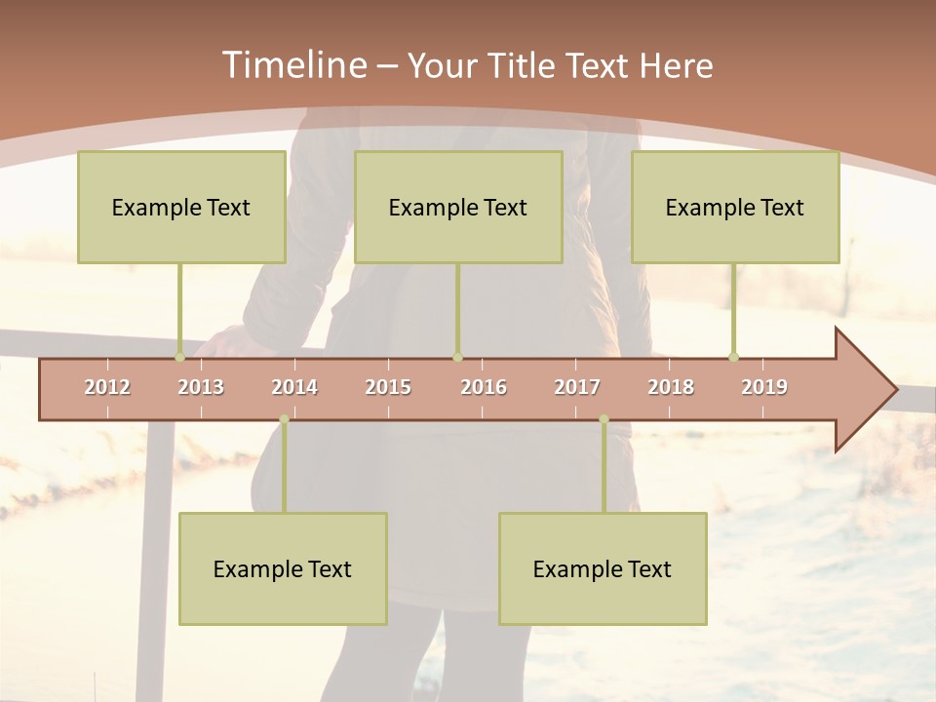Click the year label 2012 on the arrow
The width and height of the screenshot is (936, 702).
coord(107,387)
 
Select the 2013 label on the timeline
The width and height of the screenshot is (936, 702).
coord(201,387)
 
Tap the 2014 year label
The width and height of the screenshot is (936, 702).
coord(294,387)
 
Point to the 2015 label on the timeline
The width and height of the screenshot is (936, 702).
coord(388,387)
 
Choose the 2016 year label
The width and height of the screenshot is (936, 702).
coord(484,387)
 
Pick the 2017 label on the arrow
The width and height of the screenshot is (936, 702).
coord(577,387)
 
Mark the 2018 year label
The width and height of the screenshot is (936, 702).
coord(671,387)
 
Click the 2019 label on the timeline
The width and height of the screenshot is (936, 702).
coord(764,387)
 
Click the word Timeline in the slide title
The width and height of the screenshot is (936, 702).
coord(292,65)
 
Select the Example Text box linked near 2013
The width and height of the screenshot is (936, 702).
coord(181,207)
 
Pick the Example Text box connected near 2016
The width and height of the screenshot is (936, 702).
coord(458,207)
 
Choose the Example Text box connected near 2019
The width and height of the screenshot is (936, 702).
coord(735,207)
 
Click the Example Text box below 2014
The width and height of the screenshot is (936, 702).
coord(283,568)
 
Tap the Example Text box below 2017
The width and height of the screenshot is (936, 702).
coord(603,568)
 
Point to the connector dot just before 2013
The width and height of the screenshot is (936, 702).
coord(179,357)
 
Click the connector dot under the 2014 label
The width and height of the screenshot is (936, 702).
coord(284,419)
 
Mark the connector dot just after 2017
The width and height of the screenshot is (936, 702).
coord(604,419)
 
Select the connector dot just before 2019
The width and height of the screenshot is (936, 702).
coord(733,357)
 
